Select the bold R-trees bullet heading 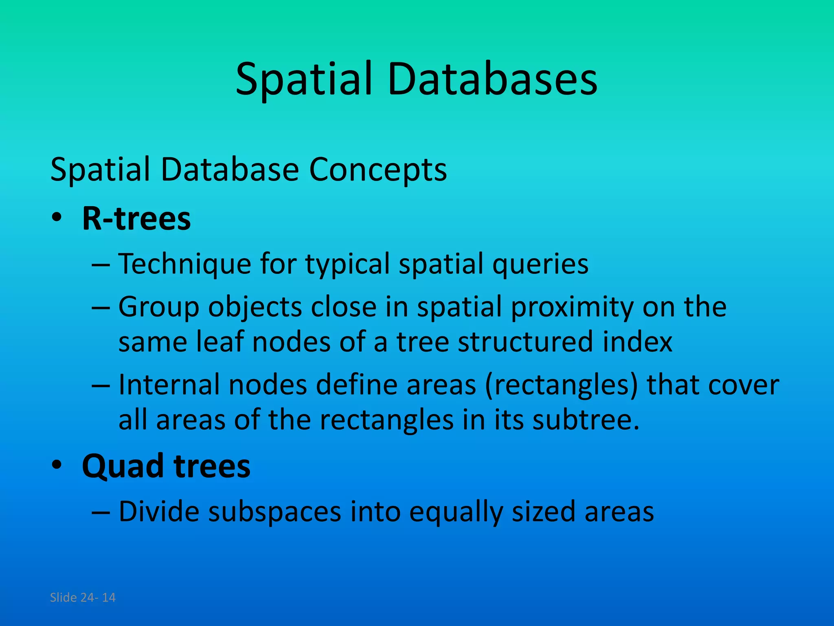click(x=136, y=219)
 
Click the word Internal click(x=169, y=385)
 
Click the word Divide click(x=159, y=511)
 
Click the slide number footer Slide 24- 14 click(x=83, y=597)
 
